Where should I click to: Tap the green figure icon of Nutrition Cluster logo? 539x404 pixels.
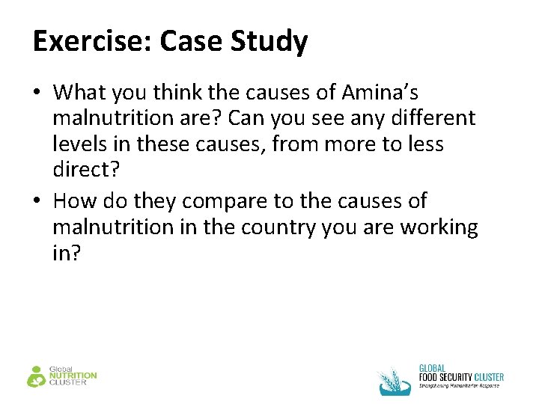pos(36,376)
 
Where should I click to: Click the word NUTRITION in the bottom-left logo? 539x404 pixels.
pos(73,376)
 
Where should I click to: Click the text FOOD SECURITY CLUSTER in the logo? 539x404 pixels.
pos(460,377)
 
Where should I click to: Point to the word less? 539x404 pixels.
pos(426,144)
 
